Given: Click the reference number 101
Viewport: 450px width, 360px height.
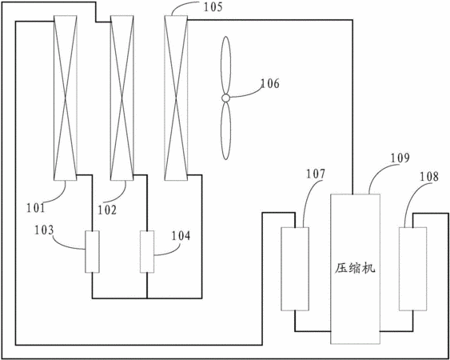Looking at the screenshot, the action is (36, 208).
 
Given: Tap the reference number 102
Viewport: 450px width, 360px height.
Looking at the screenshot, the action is (107, 210).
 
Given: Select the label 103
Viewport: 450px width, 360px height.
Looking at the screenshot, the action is (44, 230).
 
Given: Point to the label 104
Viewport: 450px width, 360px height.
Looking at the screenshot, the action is (181, 236).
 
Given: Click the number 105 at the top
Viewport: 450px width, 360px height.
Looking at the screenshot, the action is (213, 7).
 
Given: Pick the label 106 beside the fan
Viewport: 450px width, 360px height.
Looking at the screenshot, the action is (270, 83).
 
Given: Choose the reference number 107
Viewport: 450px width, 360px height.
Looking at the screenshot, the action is (316, 174).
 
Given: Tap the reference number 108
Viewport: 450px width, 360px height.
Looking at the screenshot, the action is (429, 177).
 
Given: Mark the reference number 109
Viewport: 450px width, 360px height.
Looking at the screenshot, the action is (400, 158).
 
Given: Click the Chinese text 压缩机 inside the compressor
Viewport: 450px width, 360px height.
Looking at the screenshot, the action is (356, 269).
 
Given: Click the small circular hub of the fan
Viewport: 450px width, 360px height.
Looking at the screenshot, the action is (226, 98).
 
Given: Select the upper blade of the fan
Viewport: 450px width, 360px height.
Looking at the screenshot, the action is (225, 66).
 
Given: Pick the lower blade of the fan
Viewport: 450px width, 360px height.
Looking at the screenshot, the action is (226, 130).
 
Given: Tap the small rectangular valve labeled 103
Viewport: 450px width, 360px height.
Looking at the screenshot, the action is (92, 252).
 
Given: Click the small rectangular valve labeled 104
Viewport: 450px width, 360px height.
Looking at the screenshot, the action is (147, 252).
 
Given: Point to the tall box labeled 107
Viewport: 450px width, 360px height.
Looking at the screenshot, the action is (295, 269).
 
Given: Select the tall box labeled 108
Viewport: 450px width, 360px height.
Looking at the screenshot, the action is (413, 269).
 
